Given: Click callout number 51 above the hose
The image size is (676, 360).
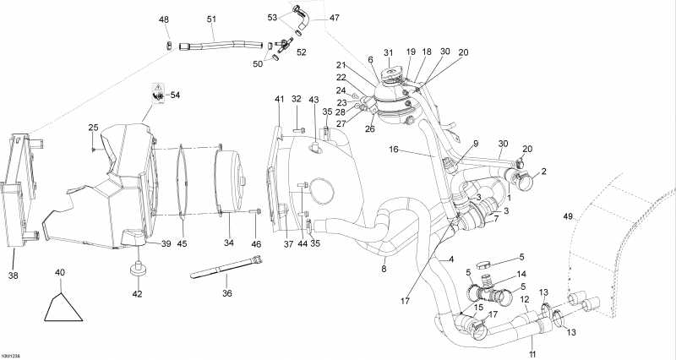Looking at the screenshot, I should point(211,19).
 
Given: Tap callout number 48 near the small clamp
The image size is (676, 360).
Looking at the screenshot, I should point(164,19).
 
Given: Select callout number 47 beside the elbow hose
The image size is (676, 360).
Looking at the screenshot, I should point(311,17).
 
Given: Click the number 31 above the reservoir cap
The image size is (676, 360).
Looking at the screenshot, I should point(389,53).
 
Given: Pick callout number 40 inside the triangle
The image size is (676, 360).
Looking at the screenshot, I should point(59,272).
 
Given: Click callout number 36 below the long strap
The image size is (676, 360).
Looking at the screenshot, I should point(226,293).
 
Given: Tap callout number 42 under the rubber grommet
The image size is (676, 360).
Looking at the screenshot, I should point(137,294).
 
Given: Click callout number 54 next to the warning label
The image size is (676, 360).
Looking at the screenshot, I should point(176,95).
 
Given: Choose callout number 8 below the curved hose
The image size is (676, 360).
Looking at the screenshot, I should point(384,270).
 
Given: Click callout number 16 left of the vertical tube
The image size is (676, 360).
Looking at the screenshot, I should point(394,149).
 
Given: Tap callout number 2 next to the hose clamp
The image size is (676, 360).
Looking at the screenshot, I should point(543,172).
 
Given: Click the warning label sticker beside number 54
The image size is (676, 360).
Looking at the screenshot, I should point(156,92).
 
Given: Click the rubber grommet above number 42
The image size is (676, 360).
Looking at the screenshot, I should point(135,270).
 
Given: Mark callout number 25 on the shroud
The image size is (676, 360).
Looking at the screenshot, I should point(93,128).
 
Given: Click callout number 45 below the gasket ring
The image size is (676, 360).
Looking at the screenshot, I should point(183,243).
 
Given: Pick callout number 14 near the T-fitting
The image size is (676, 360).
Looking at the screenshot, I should point(521,274).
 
